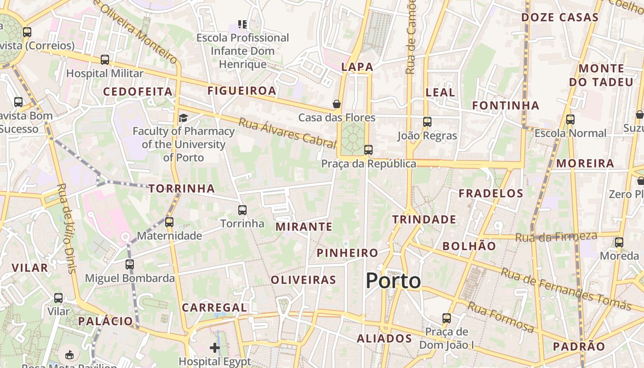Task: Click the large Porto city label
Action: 393,281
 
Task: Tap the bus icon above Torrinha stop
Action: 242,210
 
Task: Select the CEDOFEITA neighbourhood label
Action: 138,92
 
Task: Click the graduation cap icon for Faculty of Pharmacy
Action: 183,118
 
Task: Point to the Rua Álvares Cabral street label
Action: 287,133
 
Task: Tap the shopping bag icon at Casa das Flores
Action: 337,104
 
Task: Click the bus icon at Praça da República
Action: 368,149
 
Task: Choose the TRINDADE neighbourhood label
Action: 424,219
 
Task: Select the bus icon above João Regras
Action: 427,122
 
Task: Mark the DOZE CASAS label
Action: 559,17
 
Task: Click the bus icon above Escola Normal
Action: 570,120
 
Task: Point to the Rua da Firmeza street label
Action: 556,237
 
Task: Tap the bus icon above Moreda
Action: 619,242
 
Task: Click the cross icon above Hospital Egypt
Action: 215,347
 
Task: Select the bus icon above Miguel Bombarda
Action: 130,264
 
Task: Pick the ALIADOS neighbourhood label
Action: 384,339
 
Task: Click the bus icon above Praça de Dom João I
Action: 446,318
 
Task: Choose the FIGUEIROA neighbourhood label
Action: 241,91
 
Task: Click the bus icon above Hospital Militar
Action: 105,60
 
